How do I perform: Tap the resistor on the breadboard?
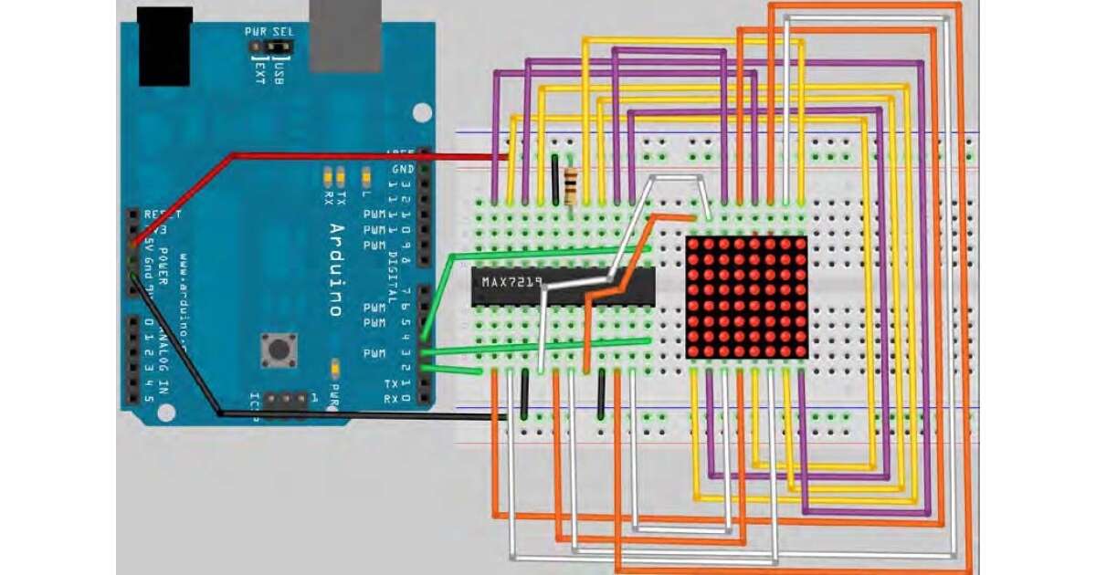pyautogui.click(x=573, y=184)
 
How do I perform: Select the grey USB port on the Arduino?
pyautogui.click(x=346, y=37)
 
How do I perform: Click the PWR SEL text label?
pyautogui.click(x=265, y=31)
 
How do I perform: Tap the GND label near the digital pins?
pyautogui.click(x=403, y=170)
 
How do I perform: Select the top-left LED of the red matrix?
pyautogui.click(x=694, y=246)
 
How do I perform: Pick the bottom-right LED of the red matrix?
pyautogui.click(x=799, y=350)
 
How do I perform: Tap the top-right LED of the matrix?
pyautogui.click(x=799, y=246)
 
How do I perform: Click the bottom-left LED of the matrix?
pyautogui.click(x=694, y=350)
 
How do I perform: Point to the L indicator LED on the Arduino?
pyautogui.click(x=366, y=173)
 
